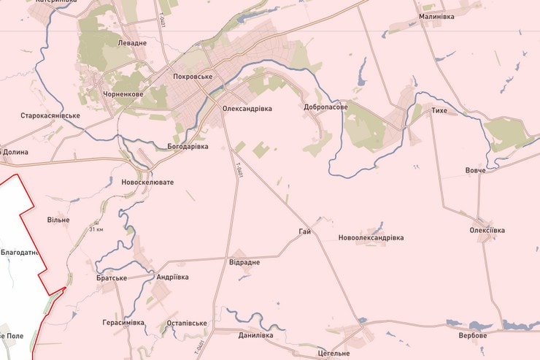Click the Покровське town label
(193, 77)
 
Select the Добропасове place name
(325, 107)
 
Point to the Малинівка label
(436, 15)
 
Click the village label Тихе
(439, 110)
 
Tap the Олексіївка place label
(487, 230)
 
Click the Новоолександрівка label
(371, 238)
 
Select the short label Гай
(305, 231)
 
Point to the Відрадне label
(244, 261)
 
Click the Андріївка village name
(172, 277)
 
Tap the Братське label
(112, 278)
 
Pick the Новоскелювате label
(147, 182)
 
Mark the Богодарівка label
(188, 147)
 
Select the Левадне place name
(132, 43)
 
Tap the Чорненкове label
(123, 94)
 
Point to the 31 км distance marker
(96, 230)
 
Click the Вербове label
(473, 335)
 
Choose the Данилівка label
(255, 335)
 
